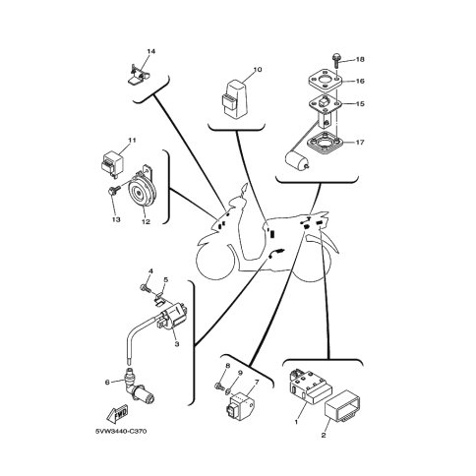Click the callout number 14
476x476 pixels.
150,51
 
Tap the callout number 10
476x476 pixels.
258,70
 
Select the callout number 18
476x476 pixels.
360,59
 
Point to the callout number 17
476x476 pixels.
360,143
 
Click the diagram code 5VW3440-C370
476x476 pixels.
121,431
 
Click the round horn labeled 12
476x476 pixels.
140,193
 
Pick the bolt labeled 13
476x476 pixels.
113,191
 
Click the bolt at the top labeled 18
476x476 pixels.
336,61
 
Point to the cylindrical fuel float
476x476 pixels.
296,161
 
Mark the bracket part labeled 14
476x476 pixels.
138,75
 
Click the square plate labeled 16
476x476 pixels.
325,79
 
